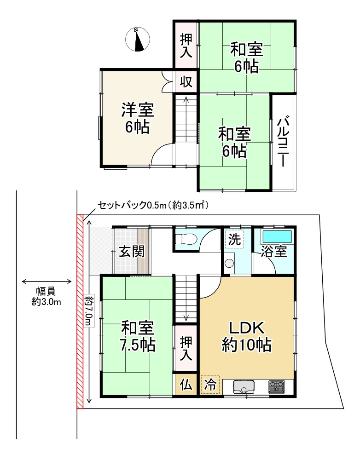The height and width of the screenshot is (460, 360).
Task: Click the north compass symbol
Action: coord(137,40)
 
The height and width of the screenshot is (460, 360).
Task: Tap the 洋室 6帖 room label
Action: coord(137,118)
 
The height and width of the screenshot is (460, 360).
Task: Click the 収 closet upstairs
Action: coord(186,82)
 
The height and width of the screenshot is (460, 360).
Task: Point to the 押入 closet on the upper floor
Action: coord(186,45)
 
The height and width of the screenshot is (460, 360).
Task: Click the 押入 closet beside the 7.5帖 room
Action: coord(186,348)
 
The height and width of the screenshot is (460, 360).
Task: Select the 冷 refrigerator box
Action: coord(210,385)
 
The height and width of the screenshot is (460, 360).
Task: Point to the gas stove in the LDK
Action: coord(277,386)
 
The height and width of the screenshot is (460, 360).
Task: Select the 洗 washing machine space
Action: coord(234,239)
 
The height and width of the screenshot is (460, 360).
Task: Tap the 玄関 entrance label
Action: coord(132,252)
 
